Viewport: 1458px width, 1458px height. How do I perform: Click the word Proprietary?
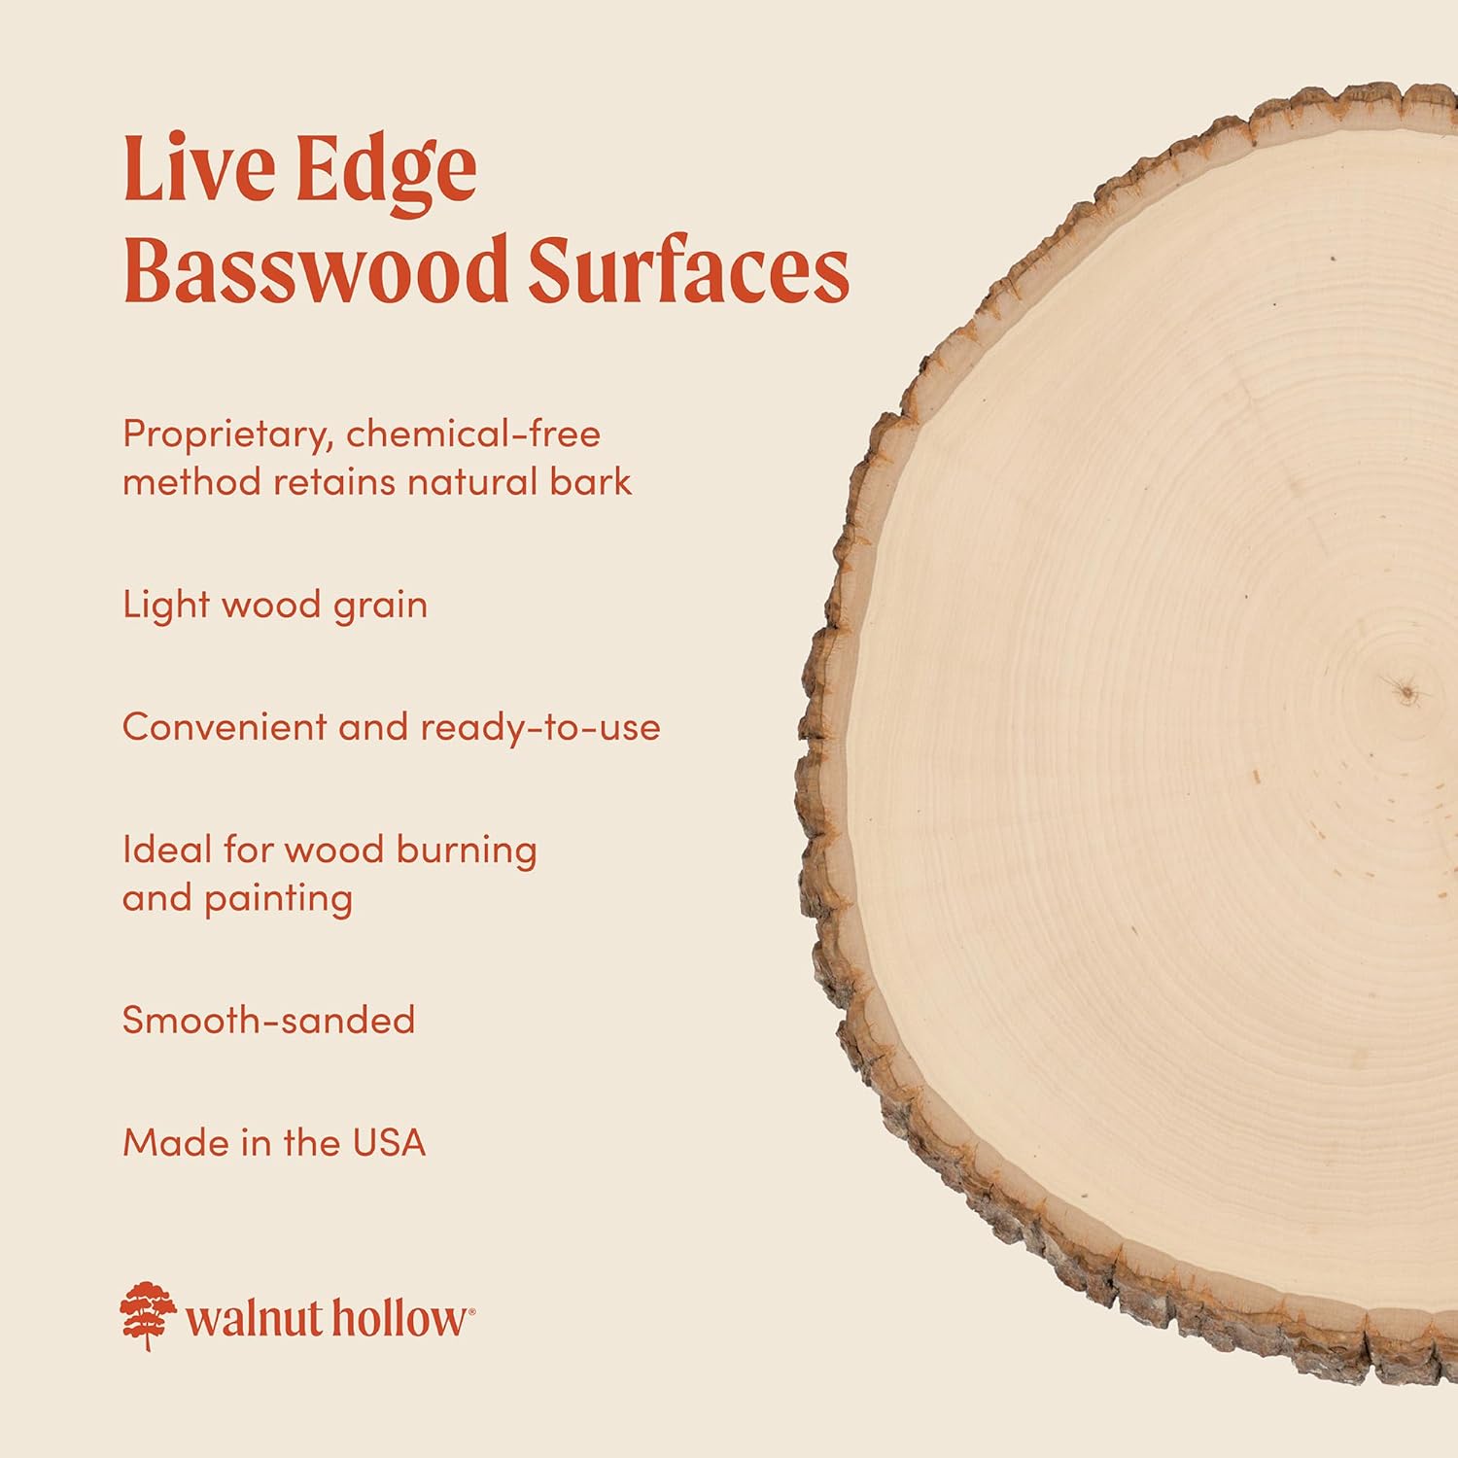coord(228,435)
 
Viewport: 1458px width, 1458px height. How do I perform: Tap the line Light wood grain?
coord(275,606)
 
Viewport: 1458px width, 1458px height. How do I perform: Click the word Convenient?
coord(224,727)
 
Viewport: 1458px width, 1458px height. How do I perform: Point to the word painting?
coord(278,900)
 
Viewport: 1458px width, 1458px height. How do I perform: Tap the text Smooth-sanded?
coord(268,1020)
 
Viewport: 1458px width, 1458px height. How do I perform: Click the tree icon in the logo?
coord(148,1316)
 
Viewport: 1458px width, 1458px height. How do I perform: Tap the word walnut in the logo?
coord(254,1320)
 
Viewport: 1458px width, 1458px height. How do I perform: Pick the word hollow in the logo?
coord(399,1320)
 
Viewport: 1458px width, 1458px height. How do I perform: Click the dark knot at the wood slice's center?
coord(1404,691)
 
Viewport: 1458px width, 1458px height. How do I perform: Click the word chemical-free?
coord(473,434)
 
